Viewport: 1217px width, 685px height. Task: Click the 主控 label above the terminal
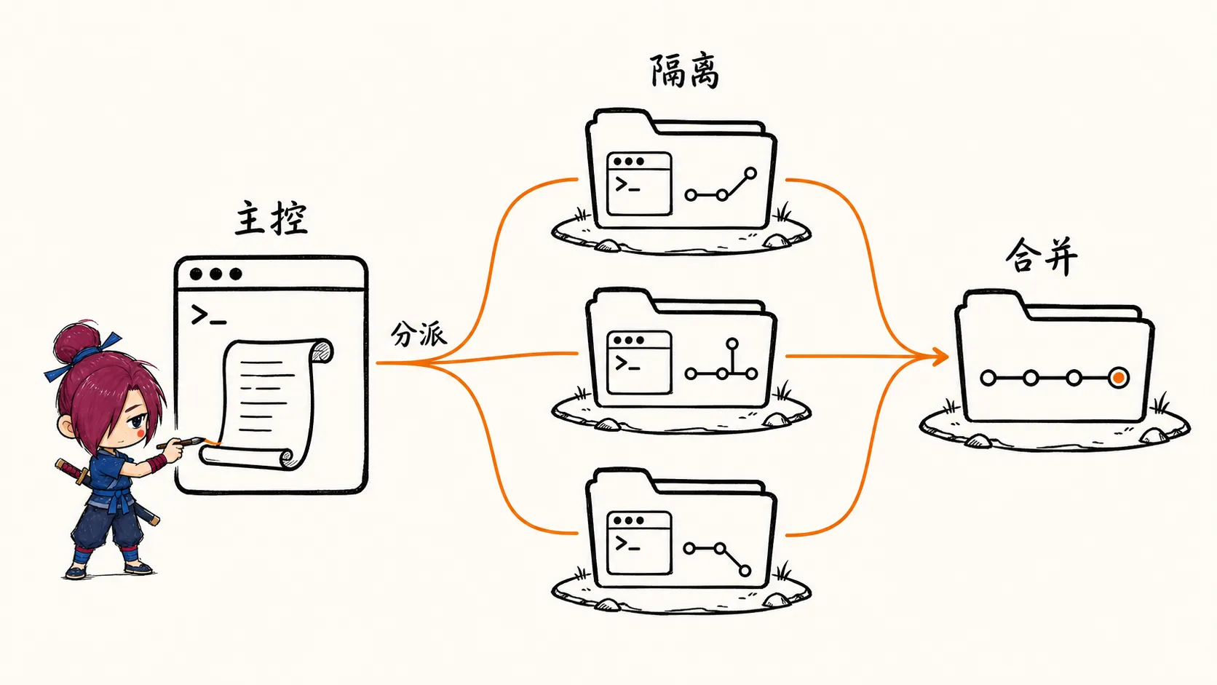tap(271, 218)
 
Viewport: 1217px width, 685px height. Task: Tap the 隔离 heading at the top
tap(684, 71)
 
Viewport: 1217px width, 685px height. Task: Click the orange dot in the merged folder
tap(1118, 378)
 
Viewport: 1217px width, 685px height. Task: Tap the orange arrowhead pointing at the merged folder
tap(940, 357)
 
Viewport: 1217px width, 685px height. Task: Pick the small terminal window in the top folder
tap(639, 183)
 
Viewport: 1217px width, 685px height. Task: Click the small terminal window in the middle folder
tap(639, 363)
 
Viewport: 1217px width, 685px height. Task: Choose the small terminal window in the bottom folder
tap(639, 542)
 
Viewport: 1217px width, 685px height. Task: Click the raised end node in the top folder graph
tap(750, 174)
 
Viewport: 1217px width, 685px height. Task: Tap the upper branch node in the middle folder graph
tap(732, 344)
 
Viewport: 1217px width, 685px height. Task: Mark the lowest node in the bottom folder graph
tap(745, 571)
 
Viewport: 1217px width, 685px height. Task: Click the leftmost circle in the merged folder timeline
tap(988, 378)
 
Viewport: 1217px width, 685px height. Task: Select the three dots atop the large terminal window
tap(215, 274)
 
